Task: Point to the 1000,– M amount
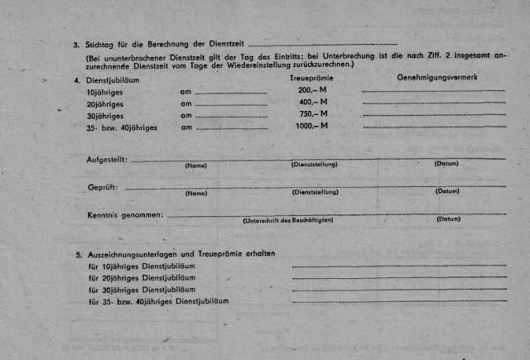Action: [311, 126]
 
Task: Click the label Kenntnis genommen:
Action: [125, 215]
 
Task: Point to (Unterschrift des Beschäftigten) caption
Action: [287, 221]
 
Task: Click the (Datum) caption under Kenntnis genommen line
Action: [448, 219]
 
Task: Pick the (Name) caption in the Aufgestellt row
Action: [196, 165]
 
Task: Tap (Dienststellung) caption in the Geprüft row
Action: [316, 192]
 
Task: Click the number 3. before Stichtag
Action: [76, 45]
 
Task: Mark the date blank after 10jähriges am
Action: [231, 93]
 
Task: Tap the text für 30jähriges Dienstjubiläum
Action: [142, 290]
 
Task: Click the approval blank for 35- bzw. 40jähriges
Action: [433, 128]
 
